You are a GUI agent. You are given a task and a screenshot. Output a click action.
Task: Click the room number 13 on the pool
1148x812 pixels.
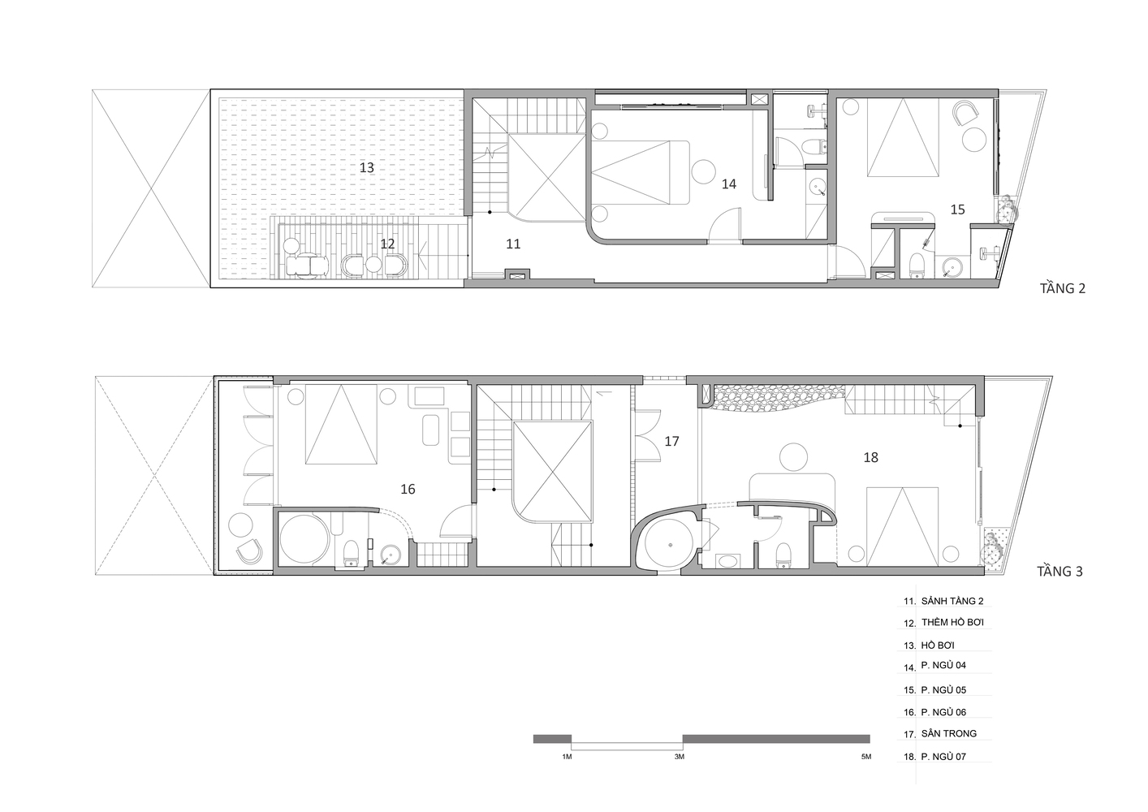click(366, 167)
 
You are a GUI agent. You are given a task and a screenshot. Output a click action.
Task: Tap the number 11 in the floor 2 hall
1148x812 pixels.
click(513, 244)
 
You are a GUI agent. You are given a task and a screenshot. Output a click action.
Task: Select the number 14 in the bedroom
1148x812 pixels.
click(729, 184)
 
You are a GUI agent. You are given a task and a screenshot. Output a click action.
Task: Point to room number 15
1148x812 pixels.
click(957, 209)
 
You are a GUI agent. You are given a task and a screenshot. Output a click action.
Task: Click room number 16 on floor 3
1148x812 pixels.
click(408, 490)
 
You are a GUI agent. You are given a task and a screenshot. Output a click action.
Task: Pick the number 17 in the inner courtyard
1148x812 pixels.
click(671, 442)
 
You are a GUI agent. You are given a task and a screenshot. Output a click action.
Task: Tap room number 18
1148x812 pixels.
click(870, 457)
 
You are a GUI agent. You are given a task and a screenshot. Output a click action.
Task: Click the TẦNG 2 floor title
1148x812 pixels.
click(1063, 288)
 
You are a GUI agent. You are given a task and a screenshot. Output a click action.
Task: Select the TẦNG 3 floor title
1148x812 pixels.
click(1060, 572)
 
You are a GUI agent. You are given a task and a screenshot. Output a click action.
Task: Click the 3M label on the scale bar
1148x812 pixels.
click(679, 757)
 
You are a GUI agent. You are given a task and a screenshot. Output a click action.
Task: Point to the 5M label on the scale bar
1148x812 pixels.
click(866, 757)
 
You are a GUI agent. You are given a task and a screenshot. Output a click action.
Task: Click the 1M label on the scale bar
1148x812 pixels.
click(567, 757)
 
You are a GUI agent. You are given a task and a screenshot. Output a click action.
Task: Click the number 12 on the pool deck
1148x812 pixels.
click(387, 244)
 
